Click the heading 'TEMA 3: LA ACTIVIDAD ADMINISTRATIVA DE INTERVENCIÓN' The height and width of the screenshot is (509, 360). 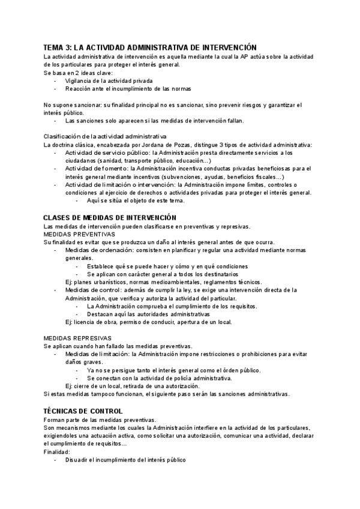tap(150, 47)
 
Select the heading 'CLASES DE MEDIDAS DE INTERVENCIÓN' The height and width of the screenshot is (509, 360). tap(110, 217)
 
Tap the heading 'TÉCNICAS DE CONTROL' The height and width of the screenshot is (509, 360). tap(83, 411)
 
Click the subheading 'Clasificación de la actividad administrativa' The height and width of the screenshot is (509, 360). tap(105, 136)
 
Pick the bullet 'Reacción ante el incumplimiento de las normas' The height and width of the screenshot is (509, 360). tap(128, 89)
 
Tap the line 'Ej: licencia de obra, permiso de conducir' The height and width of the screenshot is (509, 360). tap(148, 322)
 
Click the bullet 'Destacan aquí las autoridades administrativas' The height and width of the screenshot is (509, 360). tap(148, 314)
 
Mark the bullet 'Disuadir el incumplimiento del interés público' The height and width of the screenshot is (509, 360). tap(125, 459)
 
